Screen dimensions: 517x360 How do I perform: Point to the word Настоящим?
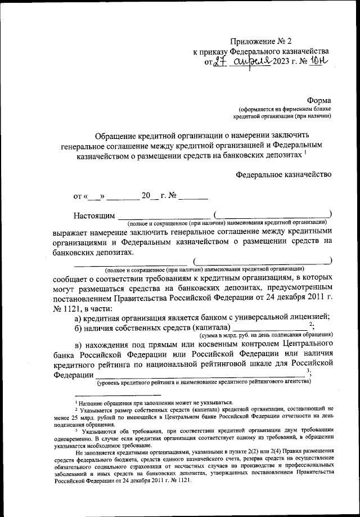[94, 216]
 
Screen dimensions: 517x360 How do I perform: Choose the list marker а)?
[79, 317]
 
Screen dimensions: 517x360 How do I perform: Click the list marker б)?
[79, 327]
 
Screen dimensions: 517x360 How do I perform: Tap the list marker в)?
[79, 344]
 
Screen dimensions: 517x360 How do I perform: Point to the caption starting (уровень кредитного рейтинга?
[203, 383]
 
